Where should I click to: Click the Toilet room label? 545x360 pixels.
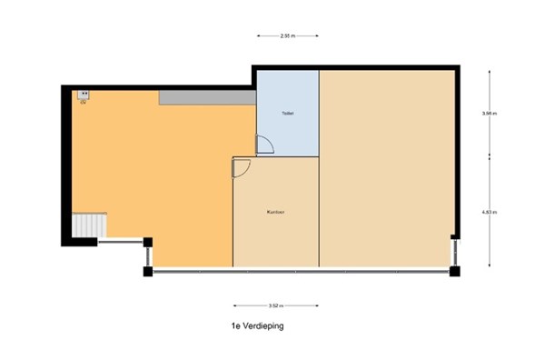pyautogui.click(x=287, y=114)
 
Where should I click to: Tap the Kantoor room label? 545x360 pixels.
pyautogui.click(x=276, y=212)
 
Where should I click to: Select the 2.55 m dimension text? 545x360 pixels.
pyautogui.click(x=287, y=36)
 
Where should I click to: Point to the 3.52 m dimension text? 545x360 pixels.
pyautogui.click(x=276, y=306)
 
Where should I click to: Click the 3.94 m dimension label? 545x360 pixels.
pyautogui.click(x=490, y=114)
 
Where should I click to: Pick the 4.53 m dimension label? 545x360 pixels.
pyautogui.click(x=490, y=213)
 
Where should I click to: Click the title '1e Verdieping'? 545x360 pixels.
pyautogui.click(x=257, y=325)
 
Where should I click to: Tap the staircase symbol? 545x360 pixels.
pyautogui.click(x=91, y=224)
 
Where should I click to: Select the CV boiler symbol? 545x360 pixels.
pyautogui.click(x=83, y=95)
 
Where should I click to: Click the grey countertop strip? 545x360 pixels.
pyautogui.click(x=207, y=95)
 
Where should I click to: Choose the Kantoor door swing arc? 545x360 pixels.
pyautogui.click(x=242, y=166)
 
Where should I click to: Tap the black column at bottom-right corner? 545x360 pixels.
pyautogui.click(x=455, y=271)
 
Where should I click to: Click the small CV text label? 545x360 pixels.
pyautogui.click(x=83, y=103)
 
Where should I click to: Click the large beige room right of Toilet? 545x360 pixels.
pyautogui.click(x=386, y=168)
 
